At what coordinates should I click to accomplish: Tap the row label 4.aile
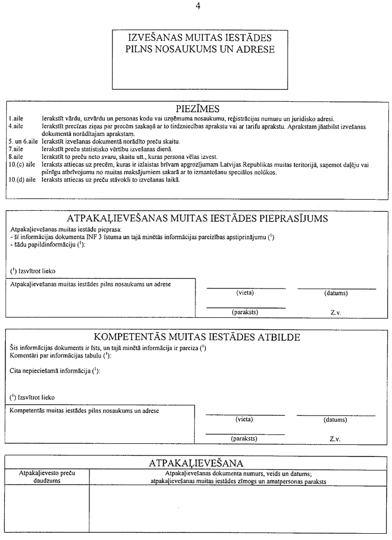pos(16,127)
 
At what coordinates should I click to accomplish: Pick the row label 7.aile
pos(16,149)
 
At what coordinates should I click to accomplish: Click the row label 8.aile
pos(16,156)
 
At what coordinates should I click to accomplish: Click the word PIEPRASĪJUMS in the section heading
pos(284,219)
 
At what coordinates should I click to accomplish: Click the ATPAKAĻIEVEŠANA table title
pos(196,463)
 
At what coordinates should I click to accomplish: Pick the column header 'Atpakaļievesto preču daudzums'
pos(47,477)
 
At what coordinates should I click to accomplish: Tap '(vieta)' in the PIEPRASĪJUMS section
pos(246,293)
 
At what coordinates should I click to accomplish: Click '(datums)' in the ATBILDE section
pos(335,420)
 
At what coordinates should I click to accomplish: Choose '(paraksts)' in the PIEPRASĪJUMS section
pos(245,312)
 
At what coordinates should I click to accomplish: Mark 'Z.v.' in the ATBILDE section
pos(335,439)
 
